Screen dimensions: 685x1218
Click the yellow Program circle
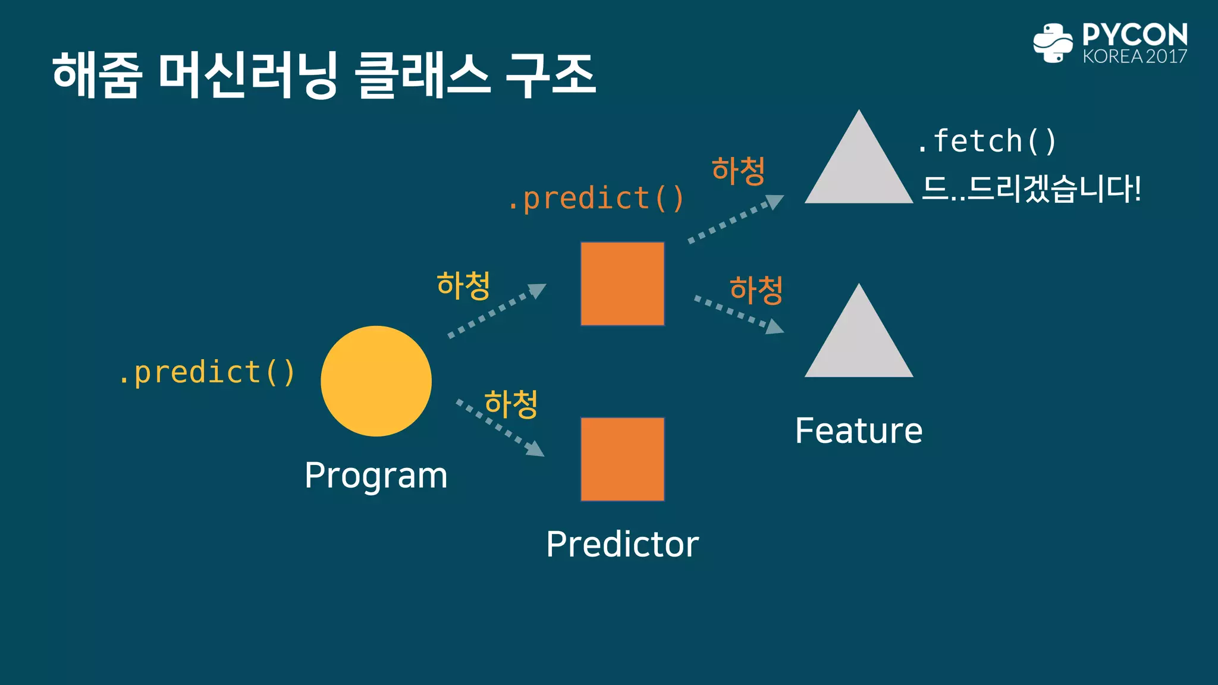click(x=376, y=381)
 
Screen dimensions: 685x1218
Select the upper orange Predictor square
click(x=622, y=284)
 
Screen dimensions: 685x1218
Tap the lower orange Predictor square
click(x=622, y=459)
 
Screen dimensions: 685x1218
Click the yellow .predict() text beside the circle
click(x=206, y=373)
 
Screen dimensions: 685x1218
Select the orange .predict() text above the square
click(x=596, y=199)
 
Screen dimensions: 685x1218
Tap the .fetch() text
click(x=986, y=142)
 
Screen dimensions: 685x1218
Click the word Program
click(x=376, y=476)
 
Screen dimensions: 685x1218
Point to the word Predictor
click(x=622, y=544)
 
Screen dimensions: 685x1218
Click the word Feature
click(x=858, y=431)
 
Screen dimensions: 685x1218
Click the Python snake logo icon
click(x=1053, y=43)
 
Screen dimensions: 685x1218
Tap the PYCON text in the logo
click(x=1134, y=34)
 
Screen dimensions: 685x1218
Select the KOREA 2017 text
click(x=1134, y=56)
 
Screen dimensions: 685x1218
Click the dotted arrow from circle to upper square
click(x=497, y=311)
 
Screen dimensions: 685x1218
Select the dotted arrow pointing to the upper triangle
click(x=735, y=219)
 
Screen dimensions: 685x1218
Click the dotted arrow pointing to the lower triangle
click(x=739, y=314)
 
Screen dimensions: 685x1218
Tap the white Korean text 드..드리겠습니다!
click(x=1031, y=189)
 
